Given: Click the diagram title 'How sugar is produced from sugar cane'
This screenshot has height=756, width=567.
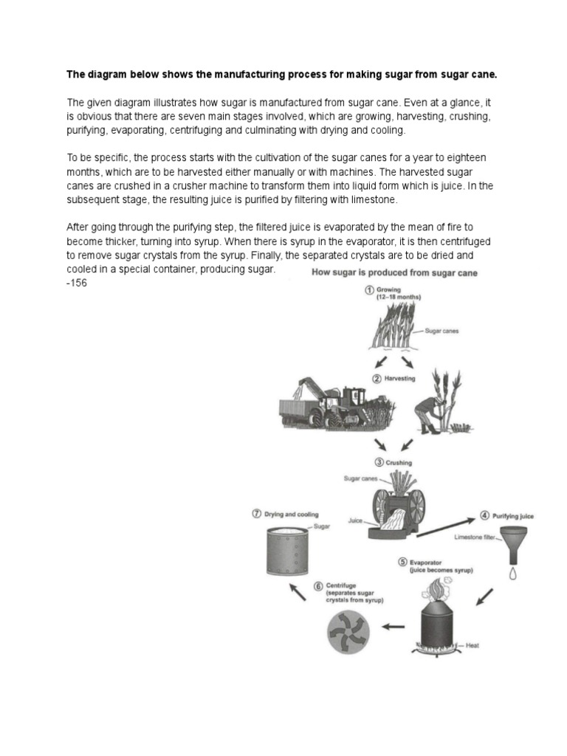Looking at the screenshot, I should [395, 272].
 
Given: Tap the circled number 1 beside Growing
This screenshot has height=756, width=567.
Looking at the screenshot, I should [368, 290].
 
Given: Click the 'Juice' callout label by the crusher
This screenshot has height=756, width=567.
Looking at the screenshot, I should [356, 520].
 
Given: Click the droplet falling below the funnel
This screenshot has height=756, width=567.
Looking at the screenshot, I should [512, 572].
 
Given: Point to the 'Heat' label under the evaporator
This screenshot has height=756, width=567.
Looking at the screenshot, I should [472, 646].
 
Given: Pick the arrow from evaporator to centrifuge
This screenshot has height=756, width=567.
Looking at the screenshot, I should [394, 627].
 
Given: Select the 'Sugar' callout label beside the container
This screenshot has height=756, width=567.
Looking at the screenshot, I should [322, 526].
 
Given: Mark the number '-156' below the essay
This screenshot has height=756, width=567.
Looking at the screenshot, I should [77, 283].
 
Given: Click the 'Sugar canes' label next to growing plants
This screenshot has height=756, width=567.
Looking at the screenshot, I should [442, 331].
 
